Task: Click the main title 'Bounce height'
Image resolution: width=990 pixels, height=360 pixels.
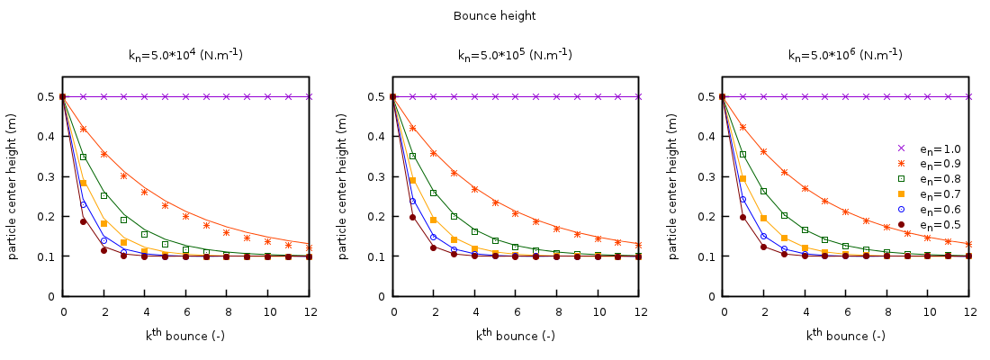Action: pos(494,16)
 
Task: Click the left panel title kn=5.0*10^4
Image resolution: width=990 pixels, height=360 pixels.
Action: pos(185,54)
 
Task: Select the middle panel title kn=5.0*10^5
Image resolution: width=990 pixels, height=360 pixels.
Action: pos(515,54)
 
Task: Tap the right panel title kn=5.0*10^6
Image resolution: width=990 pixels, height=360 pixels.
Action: pos(845,54)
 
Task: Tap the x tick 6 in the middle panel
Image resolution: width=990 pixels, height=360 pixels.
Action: pos(517,311)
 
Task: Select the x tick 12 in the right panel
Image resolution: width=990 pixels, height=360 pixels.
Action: pos(969,311)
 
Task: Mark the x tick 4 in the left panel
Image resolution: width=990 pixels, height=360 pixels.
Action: pos(145,311)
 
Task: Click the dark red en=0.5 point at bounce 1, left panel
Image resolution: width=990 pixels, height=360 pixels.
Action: pos(84,221)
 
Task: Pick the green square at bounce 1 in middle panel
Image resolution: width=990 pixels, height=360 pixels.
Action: pos(413,156)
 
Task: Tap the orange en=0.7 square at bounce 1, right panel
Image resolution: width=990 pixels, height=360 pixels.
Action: pos(743,178)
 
